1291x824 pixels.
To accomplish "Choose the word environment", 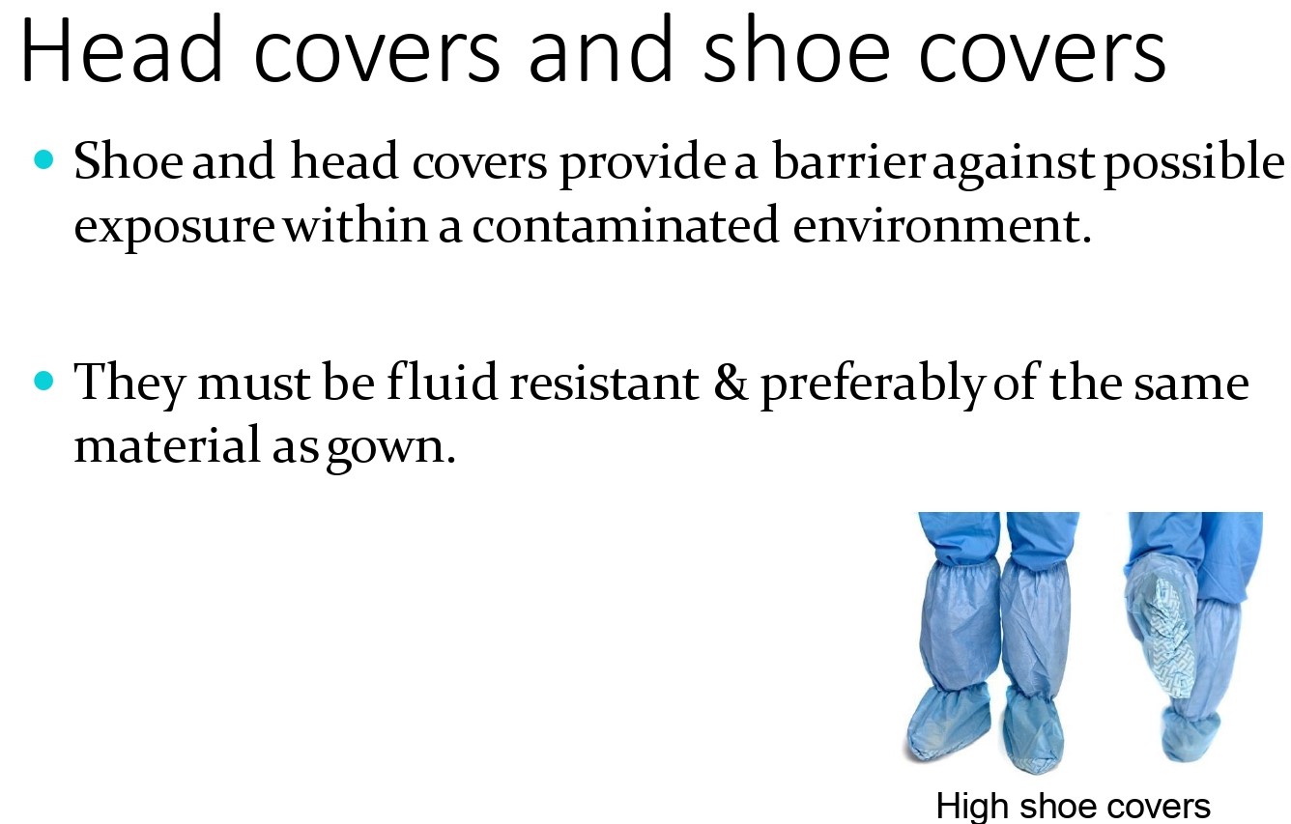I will click(x=942, y=226).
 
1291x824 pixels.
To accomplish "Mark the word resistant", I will click(x=604, y=384).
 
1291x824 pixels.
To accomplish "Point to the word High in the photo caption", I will click(x=972, y=806).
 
